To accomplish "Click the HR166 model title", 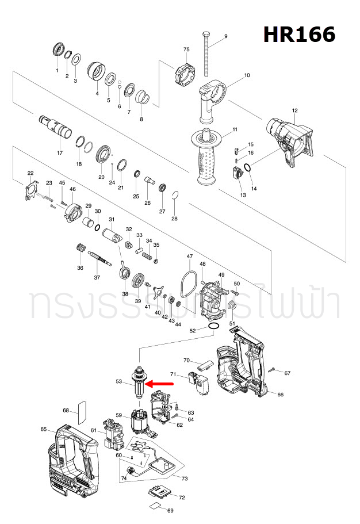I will point(299,35).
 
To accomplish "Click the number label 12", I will point(294,110).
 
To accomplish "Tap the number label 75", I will point(186,49).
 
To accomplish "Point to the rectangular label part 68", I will point(81,410).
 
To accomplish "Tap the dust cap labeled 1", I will point(58,49).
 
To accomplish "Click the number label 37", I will point(97,278).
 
